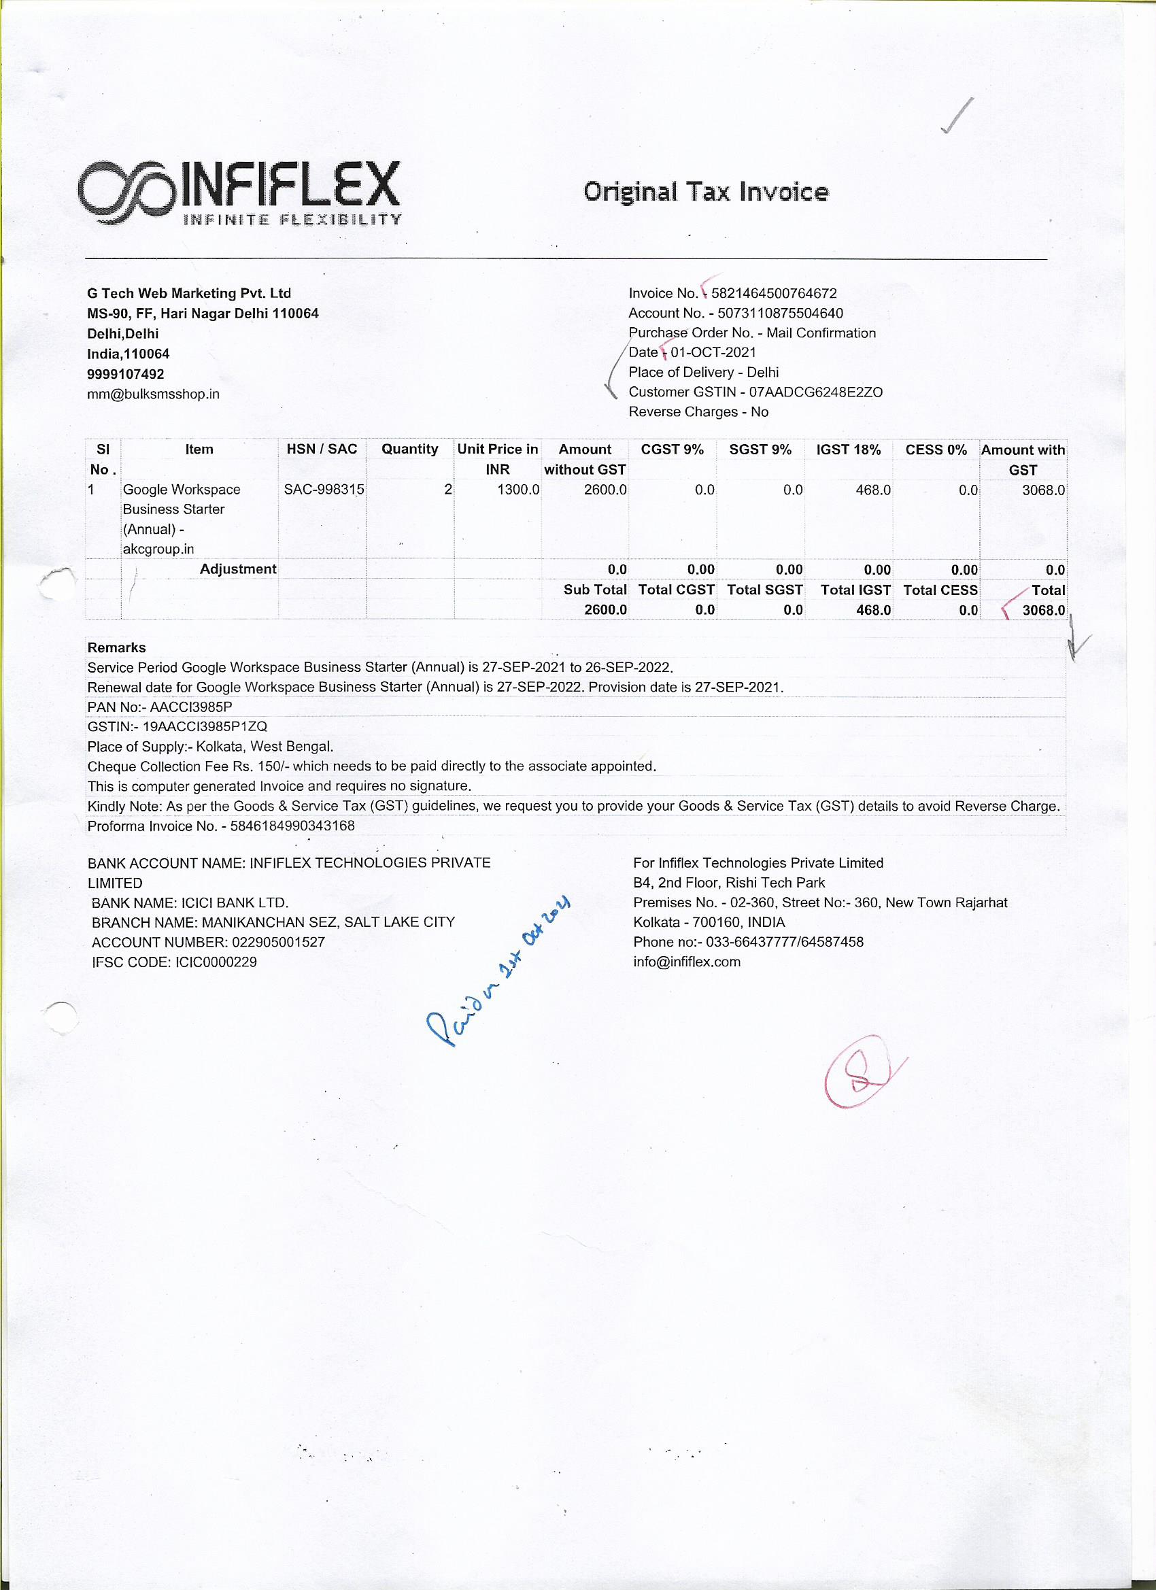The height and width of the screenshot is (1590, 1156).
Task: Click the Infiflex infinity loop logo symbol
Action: [126, 192]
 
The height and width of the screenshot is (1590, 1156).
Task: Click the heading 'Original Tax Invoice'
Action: [705, 191]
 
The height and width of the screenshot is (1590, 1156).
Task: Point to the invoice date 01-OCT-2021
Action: [713, 353]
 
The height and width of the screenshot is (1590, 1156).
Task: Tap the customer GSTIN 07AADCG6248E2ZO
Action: [815, 392]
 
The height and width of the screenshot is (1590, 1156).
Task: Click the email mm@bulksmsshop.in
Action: [153, 394]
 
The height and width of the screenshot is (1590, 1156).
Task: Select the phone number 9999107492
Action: [126, 374]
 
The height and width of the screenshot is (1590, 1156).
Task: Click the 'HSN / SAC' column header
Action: [322, 450]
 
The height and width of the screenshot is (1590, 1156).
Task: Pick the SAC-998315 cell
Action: [324, 490]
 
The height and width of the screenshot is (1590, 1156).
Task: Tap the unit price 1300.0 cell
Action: [518, 490]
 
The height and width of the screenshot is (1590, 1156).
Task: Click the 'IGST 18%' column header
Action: [848, 450]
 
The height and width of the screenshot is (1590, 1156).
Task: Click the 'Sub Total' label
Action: [594, 590]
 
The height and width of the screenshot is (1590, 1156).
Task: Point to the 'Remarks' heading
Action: [116, 648]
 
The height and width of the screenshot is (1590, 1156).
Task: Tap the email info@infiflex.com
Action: [686, 962]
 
